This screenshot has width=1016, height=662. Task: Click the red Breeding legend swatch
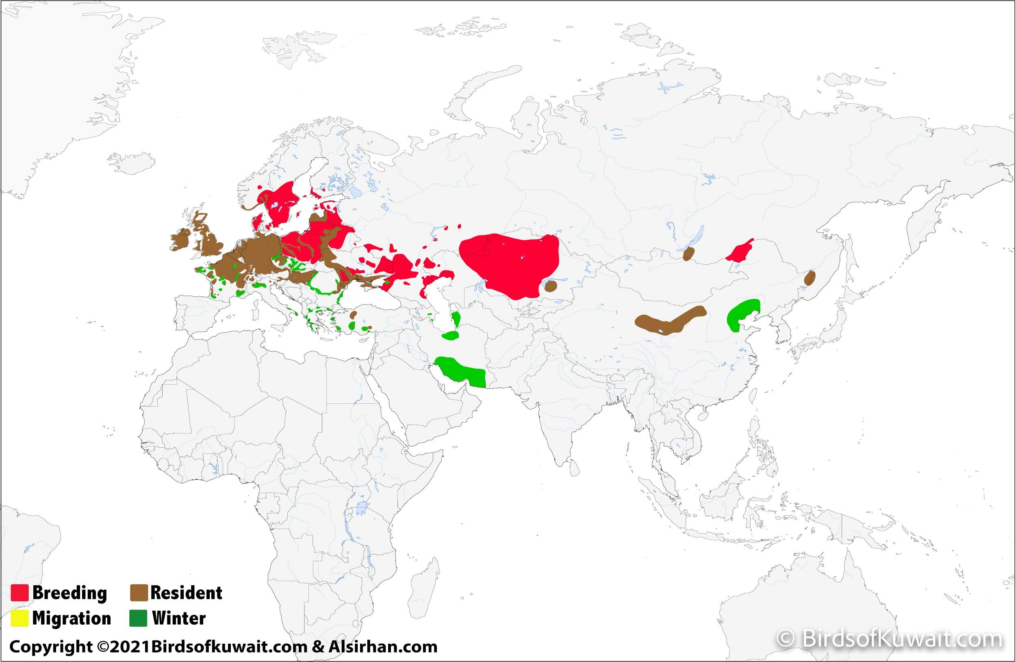[20, 593]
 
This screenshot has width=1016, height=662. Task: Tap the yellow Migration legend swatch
[20, 618]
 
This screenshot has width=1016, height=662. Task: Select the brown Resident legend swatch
[139, 593]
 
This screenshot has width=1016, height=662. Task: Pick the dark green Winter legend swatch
[138, 618]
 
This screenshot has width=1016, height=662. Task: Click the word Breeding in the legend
[69, 593]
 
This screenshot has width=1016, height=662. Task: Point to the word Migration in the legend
[71, 618]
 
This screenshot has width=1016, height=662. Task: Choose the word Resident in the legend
[186, 593]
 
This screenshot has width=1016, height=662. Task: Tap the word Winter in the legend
[179, 618]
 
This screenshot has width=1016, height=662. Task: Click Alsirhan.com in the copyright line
[382, 647]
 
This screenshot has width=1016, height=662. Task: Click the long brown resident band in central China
[668, 321]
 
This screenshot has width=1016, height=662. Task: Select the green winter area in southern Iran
[461, 372]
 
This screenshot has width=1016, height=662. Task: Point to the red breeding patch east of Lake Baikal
[740, 252]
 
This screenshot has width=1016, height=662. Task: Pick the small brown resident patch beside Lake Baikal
[688, 254]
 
